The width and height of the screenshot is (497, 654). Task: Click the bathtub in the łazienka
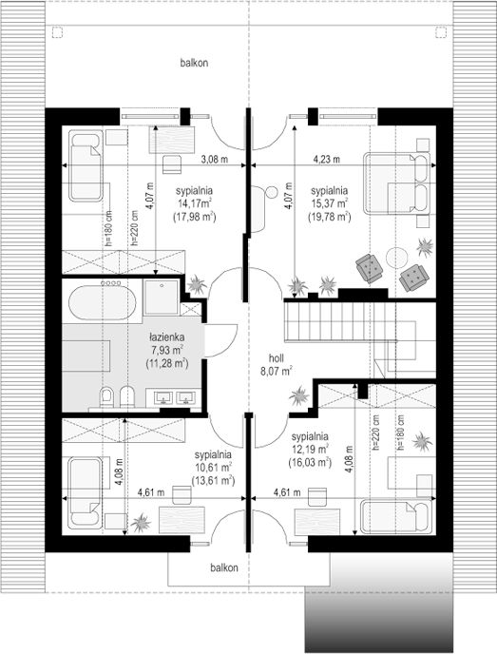click(x=102, y=302)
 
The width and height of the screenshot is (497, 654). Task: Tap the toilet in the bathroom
click(x=107, y=397)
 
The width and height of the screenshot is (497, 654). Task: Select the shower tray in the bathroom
click(x=162, y=297)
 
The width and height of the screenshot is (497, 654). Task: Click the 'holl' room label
click(x=277, y=357)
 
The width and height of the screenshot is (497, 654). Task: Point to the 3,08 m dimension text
click(x=215, y=160)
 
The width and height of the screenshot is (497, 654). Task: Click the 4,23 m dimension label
click(x=327, y=160)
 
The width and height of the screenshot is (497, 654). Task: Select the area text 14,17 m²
click(x=194, y=203)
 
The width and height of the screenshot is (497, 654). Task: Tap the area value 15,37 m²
click(x=330, y=203)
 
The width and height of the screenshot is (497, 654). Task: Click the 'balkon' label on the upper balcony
click(x=194, y=63)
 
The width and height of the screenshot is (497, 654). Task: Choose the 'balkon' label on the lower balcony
click(x=224, y=567)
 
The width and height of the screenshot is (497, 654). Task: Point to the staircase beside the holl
click(x=340, y=320)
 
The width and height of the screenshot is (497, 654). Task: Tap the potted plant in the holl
click(x=299, y=395)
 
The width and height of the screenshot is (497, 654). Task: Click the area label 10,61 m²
click(x=214, y=467)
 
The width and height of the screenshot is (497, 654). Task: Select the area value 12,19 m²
click(x=310, y=450)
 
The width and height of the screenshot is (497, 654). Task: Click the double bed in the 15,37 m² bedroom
click(x=396, y=183)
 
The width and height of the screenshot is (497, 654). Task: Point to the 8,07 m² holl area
click(x=277, y=372)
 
